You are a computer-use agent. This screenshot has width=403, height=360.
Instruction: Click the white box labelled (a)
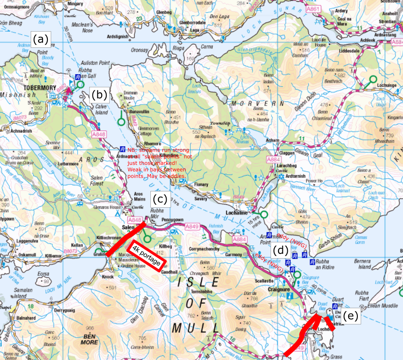click(41, 40)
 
